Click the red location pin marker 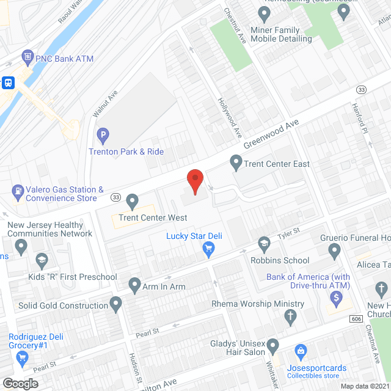click(x=194, y=181)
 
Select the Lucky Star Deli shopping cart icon click(x=208, y=249)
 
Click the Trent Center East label click(x=276, y=164)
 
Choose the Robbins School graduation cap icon click(x=264, y=243)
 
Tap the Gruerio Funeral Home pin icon click(x=334, y=250)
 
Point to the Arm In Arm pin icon click(x=135, y=284)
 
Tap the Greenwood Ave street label click(x=271, y=134)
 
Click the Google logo click(x=20, y=383)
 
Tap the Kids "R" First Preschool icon click(x=42, y=260)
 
